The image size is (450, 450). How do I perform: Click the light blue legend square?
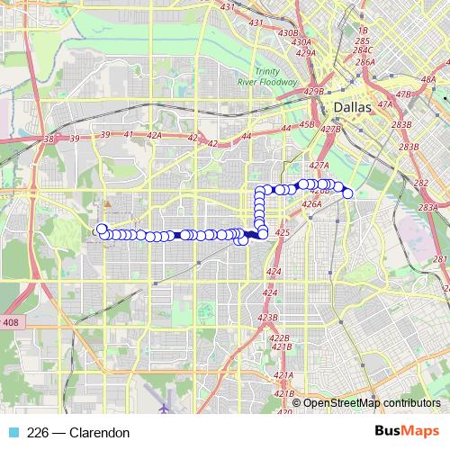(x=13, y=433)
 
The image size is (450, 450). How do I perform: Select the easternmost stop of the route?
(x=348, y=193)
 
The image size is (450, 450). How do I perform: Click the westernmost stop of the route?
(x=102, y=229)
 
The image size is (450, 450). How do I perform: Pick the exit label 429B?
(x=314, y=92)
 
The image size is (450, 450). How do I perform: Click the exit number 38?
(x=49, y=139)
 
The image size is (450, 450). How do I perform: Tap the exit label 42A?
(x=153, y=135)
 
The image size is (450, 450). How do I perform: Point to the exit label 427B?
(x=330, y=130)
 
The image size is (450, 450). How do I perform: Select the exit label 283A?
(x=429, y=208)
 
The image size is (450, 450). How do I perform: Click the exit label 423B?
(x=268, y=318)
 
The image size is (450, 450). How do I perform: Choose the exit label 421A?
(x=283, y=374)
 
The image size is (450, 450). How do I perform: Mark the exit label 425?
(x=282, y=232)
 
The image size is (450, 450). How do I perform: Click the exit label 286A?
(x=365, y=62)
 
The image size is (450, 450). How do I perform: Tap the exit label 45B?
(x=306, y=124)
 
